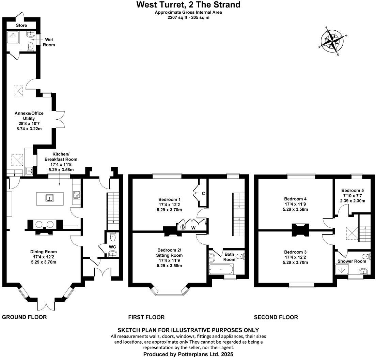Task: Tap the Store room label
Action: (21, 26)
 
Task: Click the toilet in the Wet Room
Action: (31, 46)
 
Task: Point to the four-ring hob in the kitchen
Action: (76, 195)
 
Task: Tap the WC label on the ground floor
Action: (112, 246)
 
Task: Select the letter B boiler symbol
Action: (183, 227)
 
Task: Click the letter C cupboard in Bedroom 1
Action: (203, 194)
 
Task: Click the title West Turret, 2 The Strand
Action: (188, 5)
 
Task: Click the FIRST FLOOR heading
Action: (146, 317)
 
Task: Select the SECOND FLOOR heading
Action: (276, 317)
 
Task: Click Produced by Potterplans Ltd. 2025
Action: (188, 354)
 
